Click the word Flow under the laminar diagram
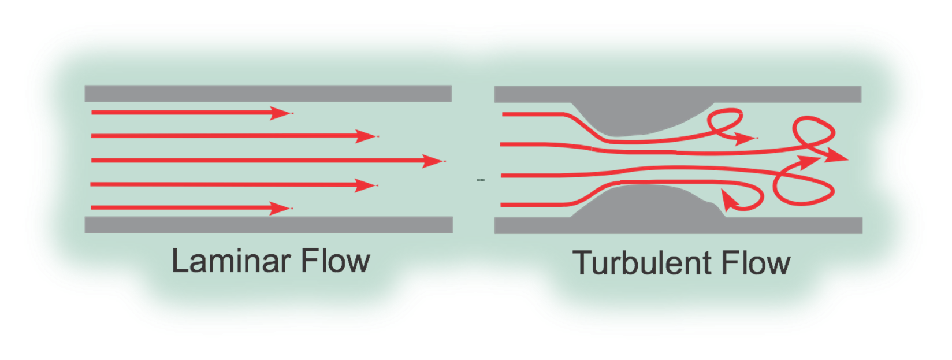pos(335,261)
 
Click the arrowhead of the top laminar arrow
pos(282,113)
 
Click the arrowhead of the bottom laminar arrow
pos(282,208)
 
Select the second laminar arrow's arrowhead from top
pos(367,136)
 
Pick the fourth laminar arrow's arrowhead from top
pos(367,185)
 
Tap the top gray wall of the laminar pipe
pos(268,94)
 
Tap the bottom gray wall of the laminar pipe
pos(268,225)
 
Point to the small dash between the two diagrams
pos(481,180)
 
